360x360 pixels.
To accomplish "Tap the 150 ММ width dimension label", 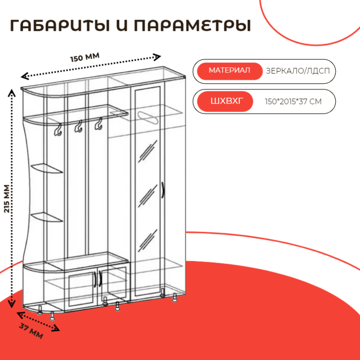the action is click(x=85, y=58).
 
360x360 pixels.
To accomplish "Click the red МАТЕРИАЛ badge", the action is click(x=229, y=71).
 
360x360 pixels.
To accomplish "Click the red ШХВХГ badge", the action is click(x=225, y=101).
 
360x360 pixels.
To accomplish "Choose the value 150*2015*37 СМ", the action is click(x=293, y=101).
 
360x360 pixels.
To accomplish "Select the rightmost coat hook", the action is click(x=98, y=125).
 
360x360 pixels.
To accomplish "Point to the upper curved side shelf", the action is click(x=47, y=168).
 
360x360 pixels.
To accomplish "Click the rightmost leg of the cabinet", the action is click(x=175, y=298).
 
